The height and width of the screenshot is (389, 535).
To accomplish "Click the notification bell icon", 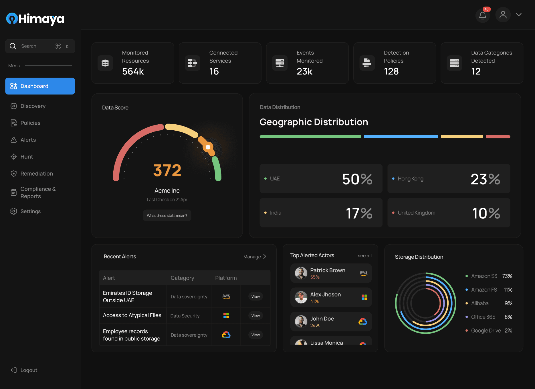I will pos(482,15).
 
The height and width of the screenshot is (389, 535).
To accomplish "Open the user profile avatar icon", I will pos(503,15).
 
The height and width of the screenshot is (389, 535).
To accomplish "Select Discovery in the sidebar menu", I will pos(33,106).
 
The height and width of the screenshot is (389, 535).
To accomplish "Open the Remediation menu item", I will pos(37,174).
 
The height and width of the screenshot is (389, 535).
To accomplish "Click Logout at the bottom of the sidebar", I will pos(29,370).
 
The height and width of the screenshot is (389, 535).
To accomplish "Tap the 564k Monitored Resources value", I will pos(133,71).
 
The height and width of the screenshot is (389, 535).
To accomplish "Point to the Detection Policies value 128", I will pos(391,71).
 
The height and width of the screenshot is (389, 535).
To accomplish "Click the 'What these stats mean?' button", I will pos(167,216).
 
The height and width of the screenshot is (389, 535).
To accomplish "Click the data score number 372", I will pos(167,170).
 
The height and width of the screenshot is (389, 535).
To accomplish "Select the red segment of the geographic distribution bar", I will pos(498,137).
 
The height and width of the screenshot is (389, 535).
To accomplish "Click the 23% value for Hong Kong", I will pos(485,179).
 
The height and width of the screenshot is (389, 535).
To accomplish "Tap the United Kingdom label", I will pos(417,213).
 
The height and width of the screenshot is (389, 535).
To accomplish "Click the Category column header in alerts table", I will pos(182,278).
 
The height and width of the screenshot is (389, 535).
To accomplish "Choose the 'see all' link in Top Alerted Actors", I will pos(364,256).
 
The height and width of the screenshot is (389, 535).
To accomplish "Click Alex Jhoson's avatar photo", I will pos(301,297).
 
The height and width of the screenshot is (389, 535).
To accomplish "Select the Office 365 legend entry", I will pos(483,317).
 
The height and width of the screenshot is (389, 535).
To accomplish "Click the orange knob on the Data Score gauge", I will pos(208,147).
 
